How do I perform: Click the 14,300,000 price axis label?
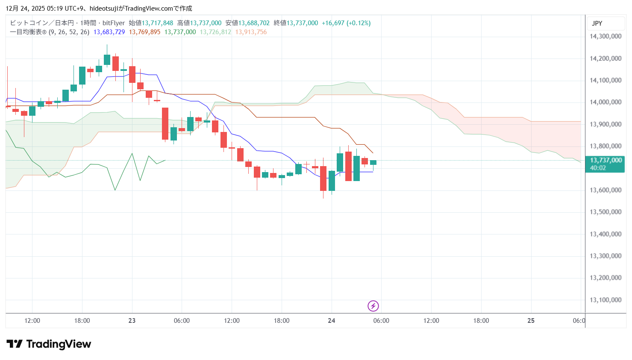click(x=605, y=36)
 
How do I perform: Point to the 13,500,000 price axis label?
click(x=605, y=212)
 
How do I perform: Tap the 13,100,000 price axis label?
click(x=605, y=300)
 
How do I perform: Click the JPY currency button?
click(x=597, y=23)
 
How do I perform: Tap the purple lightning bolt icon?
click(x=373, y=306)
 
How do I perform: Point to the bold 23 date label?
click(x=132, y=321)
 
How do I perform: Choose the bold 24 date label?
click(x=332, y=321)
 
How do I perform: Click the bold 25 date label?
click(x=531, y=321)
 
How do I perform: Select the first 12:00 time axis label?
click(x=32, y=321)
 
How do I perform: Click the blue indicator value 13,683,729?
click(x=109, y=32)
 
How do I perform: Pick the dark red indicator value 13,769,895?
click(x=144, y=32)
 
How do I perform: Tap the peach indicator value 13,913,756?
click(x=251, y=32)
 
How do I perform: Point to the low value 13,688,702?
click(x=254, y=23)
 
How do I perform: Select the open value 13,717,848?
click(x=157, y=23)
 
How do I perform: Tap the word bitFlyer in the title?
click(x=114, y=23)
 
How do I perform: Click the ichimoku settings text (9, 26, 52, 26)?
click(x=69, y=32)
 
